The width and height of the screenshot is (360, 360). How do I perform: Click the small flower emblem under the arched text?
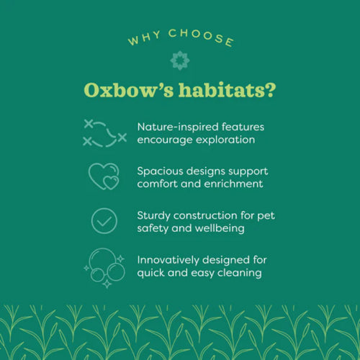pyautogui.click(x=179, y=60)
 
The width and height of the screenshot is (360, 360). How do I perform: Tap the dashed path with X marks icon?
pyautogui.click(x=104, y=132)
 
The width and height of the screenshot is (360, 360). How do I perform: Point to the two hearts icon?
pyautogui.click(x=104, y=176)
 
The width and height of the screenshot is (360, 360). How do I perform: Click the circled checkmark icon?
pyautogui.click(x=104, y=220)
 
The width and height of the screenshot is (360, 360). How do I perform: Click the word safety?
pyautogui.click(x=153, y=228)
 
